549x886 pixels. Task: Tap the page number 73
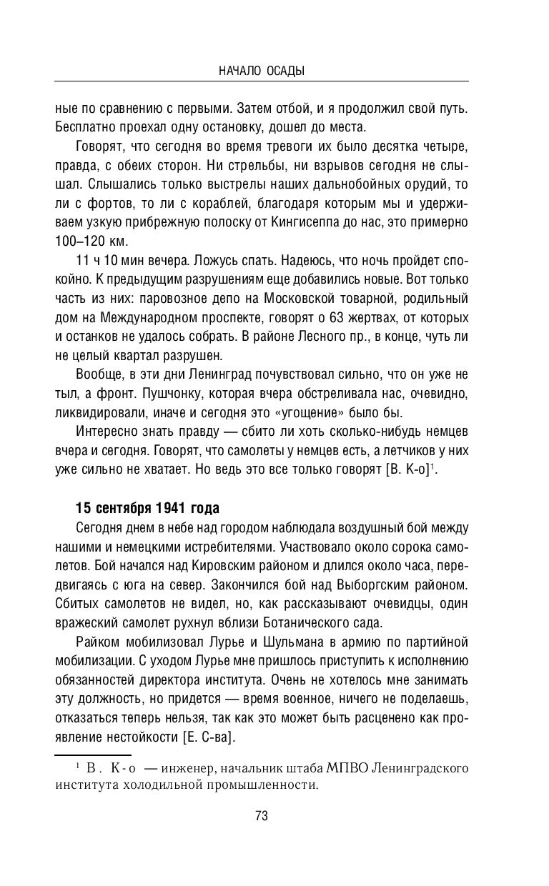261,816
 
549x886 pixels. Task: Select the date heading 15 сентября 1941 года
147,509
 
